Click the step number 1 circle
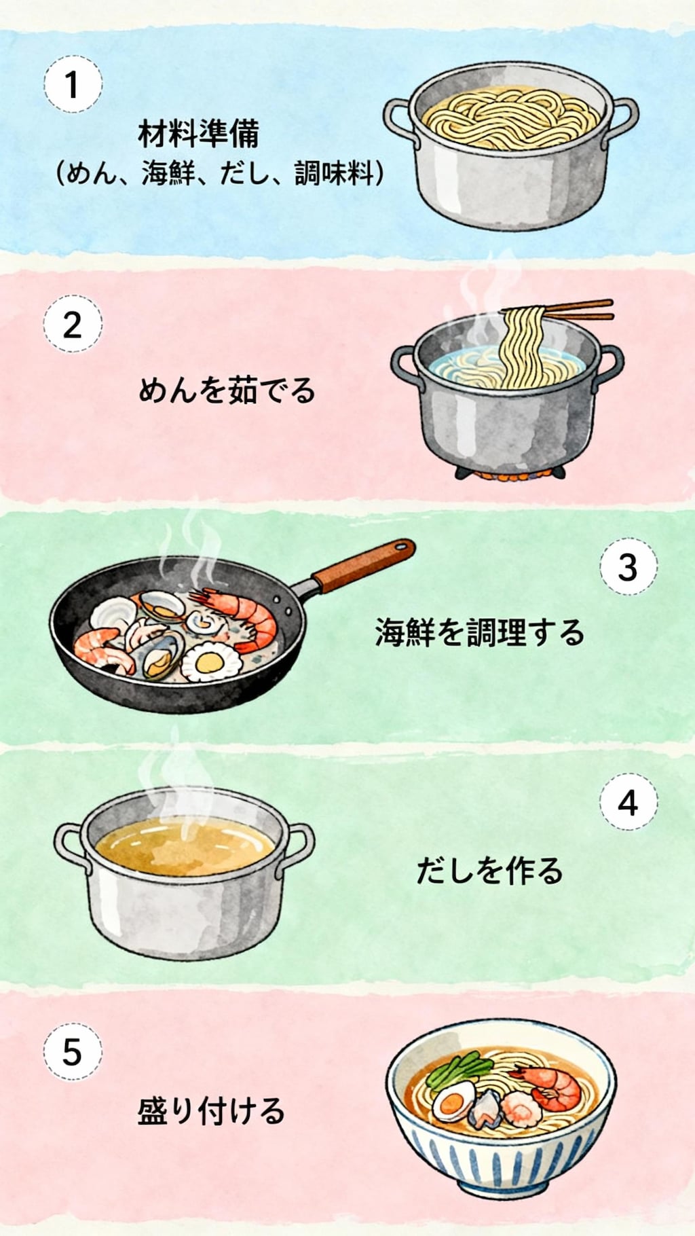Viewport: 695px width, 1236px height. coord(73,85)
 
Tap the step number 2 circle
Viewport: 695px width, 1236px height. coord(73,325)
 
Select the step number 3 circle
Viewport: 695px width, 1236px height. coord(628,566)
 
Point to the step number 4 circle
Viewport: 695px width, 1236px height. coord(628,803)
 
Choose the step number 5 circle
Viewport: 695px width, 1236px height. coord(73,1052)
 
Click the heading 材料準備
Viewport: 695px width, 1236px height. coord(198,134)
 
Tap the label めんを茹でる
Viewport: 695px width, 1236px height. coord(227,391)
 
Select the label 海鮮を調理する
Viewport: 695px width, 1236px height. coord(479,632)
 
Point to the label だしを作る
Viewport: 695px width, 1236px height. coord(489,871)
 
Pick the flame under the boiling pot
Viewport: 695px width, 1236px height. coord(510,476)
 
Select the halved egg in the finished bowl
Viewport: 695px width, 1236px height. coord(453,1102)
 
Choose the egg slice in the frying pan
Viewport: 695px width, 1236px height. coord(208,664)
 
